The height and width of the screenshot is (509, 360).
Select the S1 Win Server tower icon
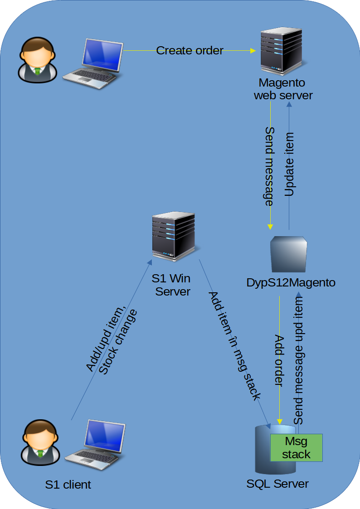[x=174, y=237]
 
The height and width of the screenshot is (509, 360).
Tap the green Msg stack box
[x=296, y=448]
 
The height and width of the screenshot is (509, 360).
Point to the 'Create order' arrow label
[x=190, y=50]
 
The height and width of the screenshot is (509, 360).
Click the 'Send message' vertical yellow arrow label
[x=269, y=167]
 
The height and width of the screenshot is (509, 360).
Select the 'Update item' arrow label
[x=289, y=165]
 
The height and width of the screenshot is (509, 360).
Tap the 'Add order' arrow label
[x=279, y=361]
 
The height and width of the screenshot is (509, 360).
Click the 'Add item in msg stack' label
[x=234, y=347]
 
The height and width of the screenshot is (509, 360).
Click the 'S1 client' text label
[x=68, y=485]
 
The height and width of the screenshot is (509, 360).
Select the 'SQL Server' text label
[x=277, y=484]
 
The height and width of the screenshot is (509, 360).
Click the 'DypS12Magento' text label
[x=291, y=283]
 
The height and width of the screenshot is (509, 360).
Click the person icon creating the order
[x=37, y=60]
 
